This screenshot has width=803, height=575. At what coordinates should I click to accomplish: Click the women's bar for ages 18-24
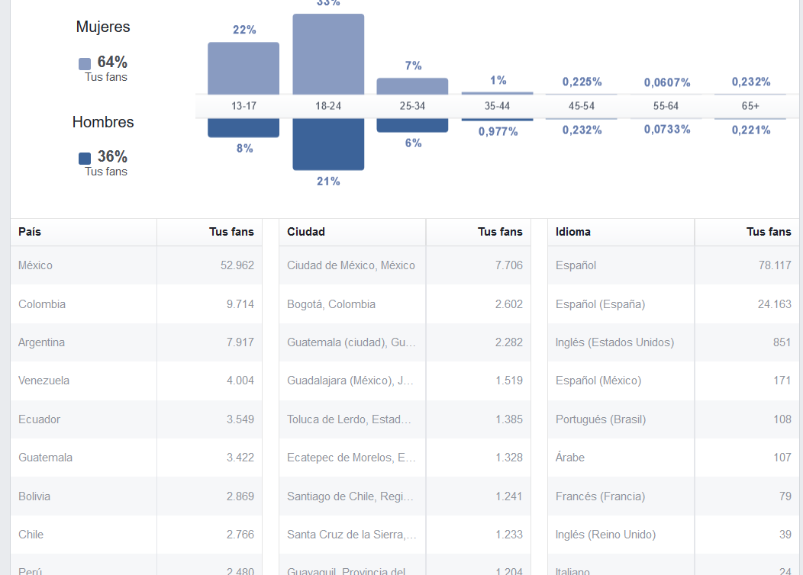[328, 53]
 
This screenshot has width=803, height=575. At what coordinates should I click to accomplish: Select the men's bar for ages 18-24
[328, 144]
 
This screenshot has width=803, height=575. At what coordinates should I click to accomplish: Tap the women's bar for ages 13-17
[243, 68]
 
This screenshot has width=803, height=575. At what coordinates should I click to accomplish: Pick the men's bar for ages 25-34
[412, 126]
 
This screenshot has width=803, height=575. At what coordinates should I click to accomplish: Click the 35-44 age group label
[497, 106]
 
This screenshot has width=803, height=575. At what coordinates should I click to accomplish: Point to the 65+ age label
[750, 106]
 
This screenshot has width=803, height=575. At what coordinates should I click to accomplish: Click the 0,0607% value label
[667, 82]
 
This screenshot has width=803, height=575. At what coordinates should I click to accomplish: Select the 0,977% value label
[498, 131]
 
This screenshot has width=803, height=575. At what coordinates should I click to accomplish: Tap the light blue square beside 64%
[85, 64]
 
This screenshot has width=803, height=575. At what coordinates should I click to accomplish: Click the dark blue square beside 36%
[85, 159]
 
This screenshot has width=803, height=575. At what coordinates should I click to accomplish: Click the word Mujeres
[103, 27]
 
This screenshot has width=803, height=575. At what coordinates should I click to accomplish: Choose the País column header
[30, 232]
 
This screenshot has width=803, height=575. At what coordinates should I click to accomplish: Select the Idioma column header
[573, 232]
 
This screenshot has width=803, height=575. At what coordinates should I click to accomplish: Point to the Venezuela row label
[44, 381]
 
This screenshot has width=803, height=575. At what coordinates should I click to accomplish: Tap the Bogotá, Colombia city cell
[331, 304]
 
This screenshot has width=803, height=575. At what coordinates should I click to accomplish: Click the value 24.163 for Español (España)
[773, 304]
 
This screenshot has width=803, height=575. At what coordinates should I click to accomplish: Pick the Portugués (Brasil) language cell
[601, 419]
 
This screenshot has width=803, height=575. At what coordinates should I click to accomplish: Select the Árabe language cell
[570, 458]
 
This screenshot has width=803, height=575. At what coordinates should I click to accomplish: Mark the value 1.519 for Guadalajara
[508, 381]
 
